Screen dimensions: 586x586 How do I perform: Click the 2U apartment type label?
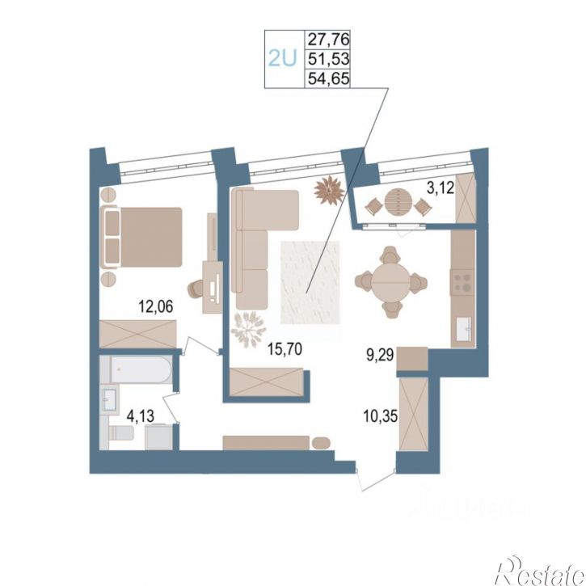pyautogui.click(x=283, y=58)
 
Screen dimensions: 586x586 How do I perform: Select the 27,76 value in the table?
pyautogui.click(x=328, y=39)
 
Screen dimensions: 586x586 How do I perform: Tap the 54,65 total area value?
pyautogui.click(x=328, y=78)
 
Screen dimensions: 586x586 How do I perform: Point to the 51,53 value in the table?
pyautogui.click(x=328, y=59)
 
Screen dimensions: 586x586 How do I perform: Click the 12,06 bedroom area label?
pyautogui.click(x=156, y=306)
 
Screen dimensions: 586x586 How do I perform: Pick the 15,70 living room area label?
pyautogui.click(x=285, y=349)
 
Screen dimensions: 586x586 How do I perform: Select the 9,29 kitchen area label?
pyautogui.click(x=380, y=354)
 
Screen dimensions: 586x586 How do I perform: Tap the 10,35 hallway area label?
pyautogui.click(x=381, y=415)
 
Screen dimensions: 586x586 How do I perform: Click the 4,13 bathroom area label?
pyautogui.click(x=141, y=415)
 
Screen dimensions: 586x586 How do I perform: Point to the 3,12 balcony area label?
pyautogui.click(x=441, y=188)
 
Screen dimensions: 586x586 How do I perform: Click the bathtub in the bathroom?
pyautogui.click(x=141, y=369)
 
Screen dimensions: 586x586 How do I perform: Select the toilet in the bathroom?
pyautogui.click(x=120, y=433)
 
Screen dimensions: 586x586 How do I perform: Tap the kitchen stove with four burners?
pyautogui.click(x=462, y=281)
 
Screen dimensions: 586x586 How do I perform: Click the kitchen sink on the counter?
pyautogui.click(x=463, y=328)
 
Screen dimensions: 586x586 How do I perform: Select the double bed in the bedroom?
pyautogui.click(x=141, y=238)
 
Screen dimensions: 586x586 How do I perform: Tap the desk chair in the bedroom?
pyautogui.click(x=195, y=288)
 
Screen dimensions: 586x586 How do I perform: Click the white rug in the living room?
pyautogui.click(x=310, y=283)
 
